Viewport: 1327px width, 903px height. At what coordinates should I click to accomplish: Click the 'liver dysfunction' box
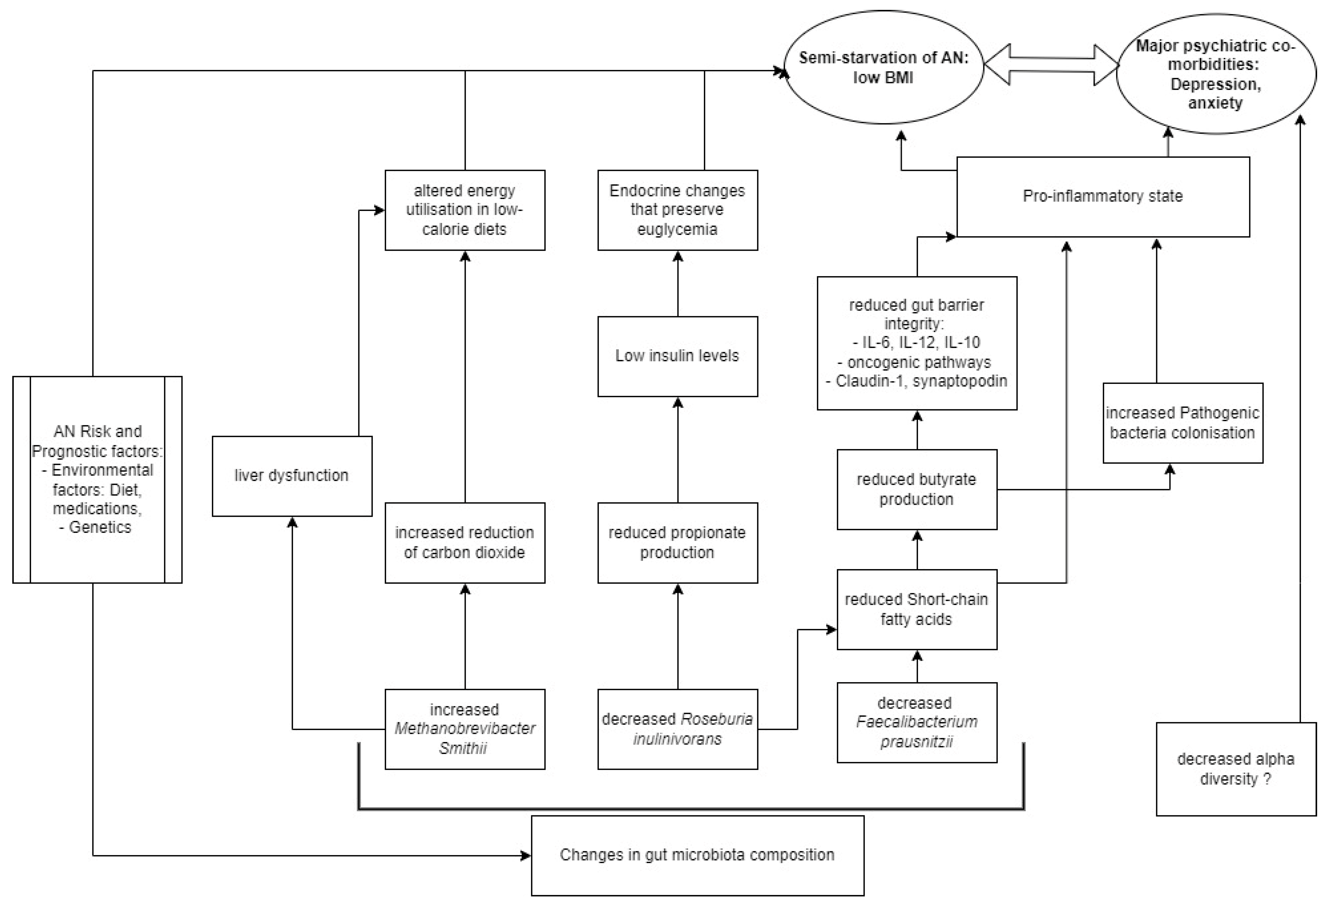(292, 476)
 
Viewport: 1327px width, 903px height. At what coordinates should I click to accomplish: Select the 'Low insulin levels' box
(677, 356)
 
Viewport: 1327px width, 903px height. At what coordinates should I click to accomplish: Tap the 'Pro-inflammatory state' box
(1103, 197)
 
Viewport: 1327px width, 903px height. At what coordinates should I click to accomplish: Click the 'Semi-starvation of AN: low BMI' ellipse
(883, 67)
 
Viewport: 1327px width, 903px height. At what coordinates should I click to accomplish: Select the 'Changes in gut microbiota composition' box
(697, 855)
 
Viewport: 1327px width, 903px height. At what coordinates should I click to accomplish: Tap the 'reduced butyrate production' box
(916, 489)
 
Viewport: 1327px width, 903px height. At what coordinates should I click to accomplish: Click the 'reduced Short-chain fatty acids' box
(916, 609)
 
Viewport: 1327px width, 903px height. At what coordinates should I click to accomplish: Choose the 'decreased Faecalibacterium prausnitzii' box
(916, 723)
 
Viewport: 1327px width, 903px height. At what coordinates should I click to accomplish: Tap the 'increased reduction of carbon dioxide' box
(465, 542)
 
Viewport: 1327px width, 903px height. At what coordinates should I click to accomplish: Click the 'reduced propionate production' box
(677, 542)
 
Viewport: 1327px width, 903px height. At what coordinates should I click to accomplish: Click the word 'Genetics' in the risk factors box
(100, 527)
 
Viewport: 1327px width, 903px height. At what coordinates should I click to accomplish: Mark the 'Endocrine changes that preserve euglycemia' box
(677, 210)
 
